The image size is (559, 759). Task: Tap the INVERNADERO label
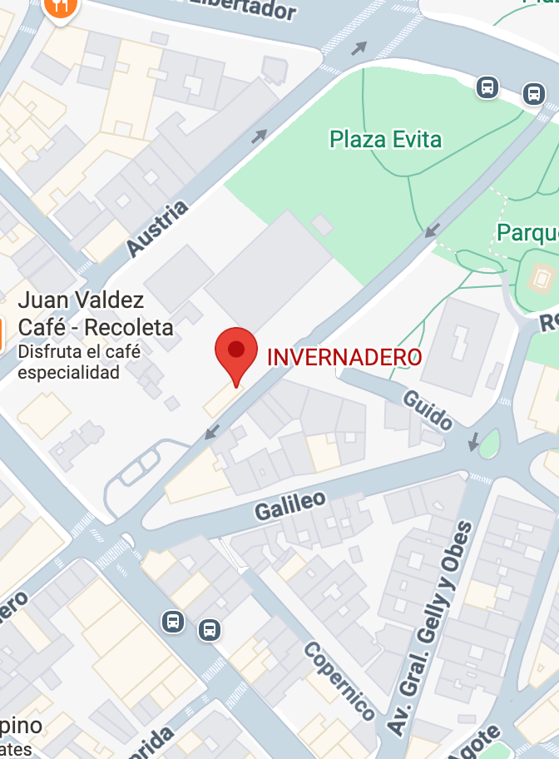(344, 357)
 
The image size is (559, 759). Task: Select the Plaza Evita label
(385, 139)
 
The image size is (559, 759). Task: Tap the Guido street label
(427, 409)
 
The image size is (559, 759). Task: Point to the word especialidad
(68, 372)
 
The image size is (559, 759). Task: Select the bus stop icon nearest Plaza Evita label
(487, 86)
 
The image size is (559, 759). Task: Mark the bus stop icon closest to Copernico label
(210, 630)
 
